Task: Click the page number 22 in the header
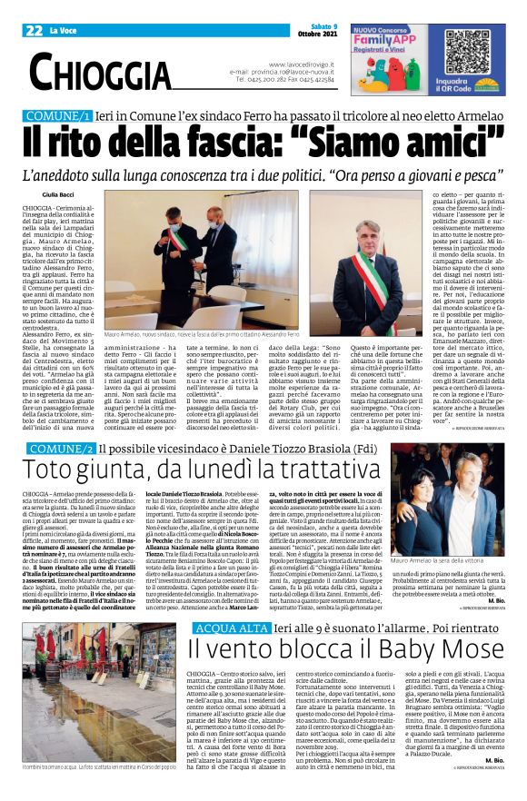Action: [35, 30]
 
